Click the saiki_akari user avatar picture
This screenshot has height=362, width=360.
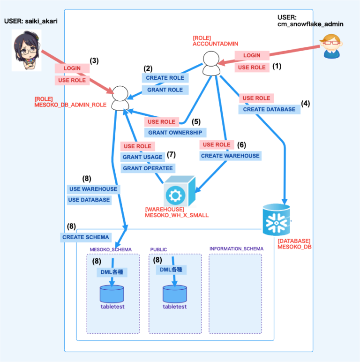pos(26,50)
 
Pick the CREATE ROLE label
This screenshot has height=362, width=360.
pos(165,78)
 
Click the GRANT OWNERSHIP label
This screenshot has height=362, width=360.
pos(175,133)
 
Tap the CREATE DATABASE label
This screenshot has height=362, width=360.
pos(269,109)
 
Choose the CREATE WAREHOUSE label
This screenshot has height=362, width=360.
pos(230,156)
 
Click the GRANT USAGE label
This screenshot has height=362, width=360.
pos(142,157)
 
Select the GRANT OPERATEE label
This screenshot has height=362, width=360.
pos(147,168)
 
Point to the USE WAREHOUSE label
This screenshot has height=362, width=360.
pos(93,189)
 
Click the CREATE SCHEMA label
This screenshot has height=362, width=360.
pos(86,237)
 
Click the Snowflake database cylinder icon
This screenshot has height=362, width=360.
pos(276,220)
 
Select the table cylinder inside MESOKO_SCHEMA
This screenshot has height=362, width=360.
pos(112,294)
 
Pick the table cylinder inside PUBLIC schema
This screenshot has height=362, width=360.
pos(175,294)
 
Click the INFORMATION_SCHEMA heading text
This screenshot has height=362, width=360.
pos(236,249)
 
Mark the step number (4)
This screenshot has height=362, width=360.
pos(306,103)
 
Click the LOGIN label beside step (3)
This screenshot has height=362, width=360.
pos(72,68)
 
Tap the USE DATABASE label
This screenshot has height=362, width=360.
pos(89,200)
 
